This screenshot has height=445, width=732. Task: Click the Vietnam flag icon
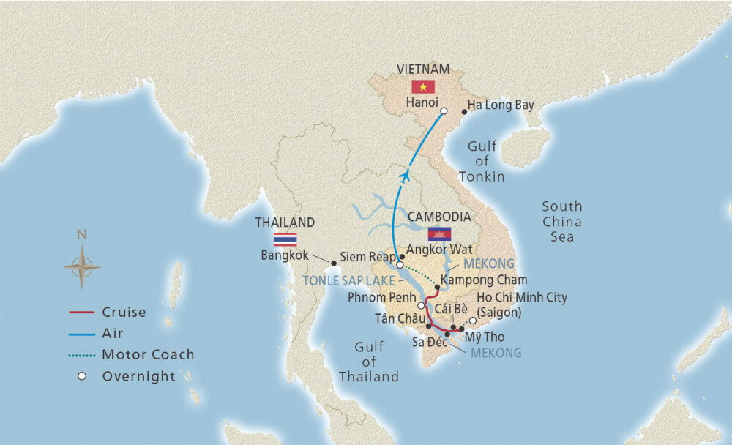pyautogui.click(x=423, y=86)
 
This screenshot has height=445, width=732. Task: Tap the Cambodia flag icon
pyautogui.click(x=439, y=233)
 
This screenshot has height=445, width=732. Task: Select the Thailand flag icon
pyautogui.click(x=284, y=239)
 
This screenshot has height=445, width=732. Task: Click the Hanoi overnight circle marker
pyautogui.click(x=444, y=112)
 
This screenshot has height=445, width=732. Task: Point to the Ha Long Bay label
pyautogui.click(x=501, y=105)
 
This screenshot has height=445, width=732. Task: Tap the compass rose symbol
pyautogui.click(x=82, y=266)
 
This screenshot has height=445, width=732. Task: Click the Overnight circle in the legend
pyautogui.click(x=82, y=376)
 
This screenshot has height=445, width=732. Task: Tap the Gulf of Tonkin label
pyautogui.click(x=482, y=162)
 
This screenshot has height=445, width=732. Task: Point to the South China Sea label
pyautogui.click(x=561, y=222)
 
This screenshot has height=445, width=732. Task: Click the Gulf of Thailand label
pyautogui.click(x=369, y=362)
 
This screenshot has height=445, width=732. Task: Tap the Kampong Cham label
pyautogui.click(x=485, y=280)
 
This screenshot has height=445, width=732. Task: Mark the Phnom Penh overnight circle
pyautogui.click(x=421, y=305)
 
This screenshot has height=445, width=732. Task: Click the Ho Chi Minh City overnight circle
pyautogui.click(x=473, y=321)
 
